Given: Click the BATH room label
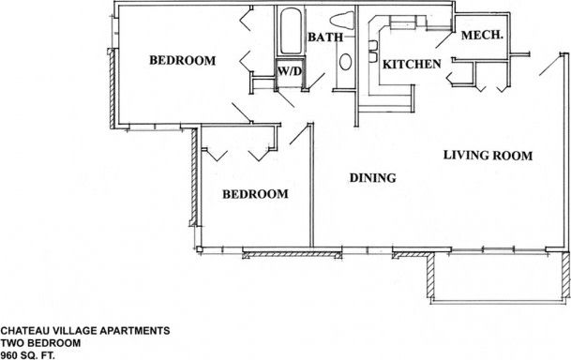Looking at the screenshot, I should [x=326, y=37].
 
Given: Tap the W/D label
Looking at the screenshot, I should [x=285, y=69].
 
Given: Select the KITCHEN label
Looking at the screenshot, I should [x=411, y=65].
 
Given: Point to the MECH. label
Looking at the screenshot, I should [x=484, y=35].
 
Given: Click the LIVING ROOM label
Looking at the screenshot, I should [x=488, y=156].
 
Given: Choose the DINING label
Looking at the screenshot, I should [x=373, y=178].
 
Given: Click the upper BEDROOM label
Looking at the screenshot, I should [x=183, y=61].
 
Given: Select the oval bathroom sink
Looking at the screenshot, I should [x=344, y=63].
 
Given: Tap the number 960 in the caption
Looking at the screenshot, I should [x=10, y=354].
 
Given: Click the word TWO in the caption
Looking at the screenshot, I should [x=12, y=342].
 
